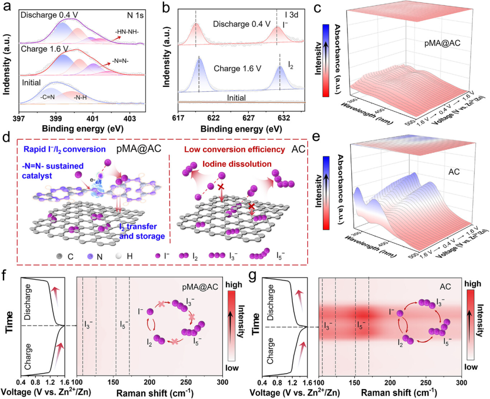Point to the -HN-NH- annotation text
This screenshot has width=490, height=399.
(126, 34)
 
